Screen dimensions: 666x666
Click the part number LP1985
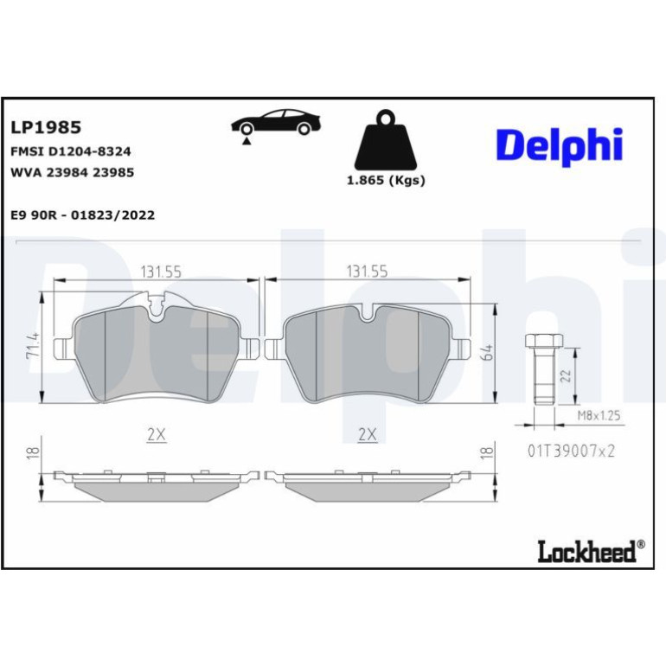pos(46,127)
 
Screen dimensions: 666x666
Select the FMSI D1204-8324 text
pos(71,151)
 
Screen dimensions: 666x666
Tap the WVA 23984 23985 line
pos(72,172)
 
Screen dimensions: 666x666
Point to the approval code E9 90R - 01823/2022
pos(83,215)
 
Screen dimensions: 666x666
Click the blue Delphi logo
pos(560,145)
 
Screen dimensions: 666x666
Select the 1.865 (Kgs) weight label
pos(386,181)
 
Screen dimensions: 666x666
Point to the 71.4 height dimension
pos(33,345)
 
